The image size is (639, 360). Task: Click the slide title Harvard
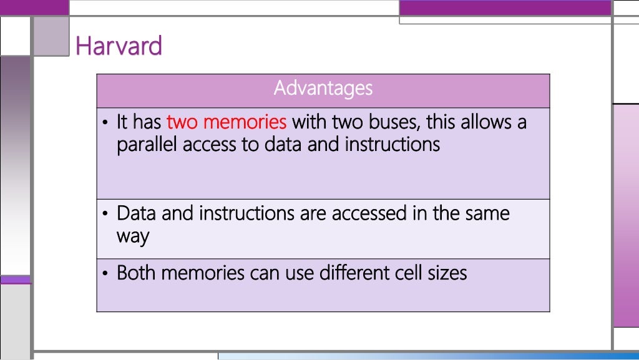[x=119, y=46]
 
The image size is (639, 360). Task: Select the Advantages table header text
[x=323, y=88]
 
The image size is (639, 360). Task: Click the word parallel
[x=147, y=145]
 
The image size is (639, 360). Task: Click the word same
[x=487, y=213]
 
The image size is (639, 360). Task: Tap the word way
[x=133, y=237]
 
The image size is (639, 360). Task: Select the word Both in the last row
[x=138, y=273]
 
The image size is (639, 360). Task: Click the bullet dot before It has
[x=106, y=122]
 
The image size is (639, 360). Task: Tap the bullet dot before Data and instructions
[x=106, y=215]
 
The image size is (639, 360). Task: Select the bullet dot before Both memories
[x=106, y=274]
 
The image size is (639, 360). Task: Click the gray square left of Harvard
[x=51, y=36]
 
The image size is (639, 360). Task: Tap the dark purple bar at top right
[x=505, y=7]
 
